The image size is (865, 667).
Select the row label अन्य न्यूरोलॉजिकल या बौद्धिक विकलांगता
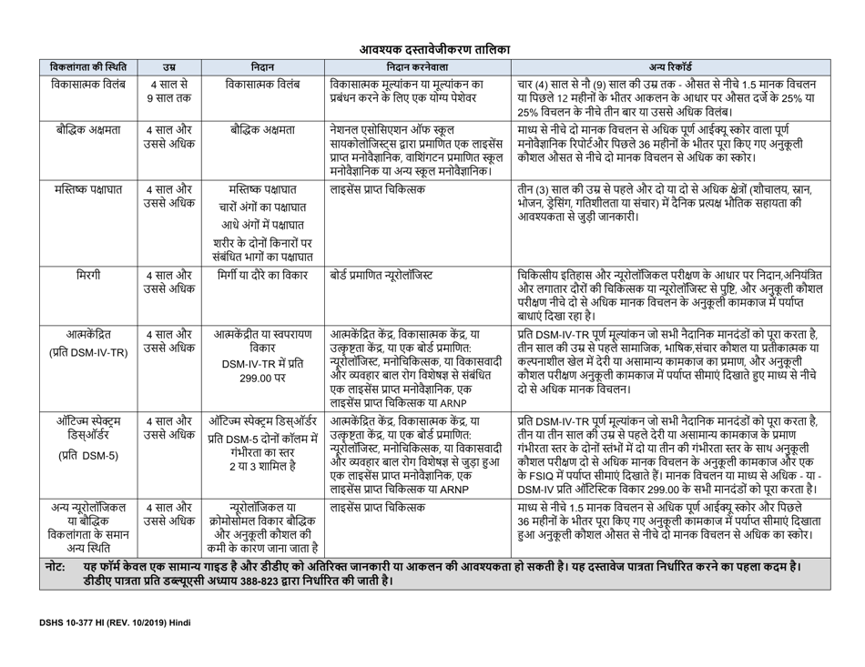tap(89, 523)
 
